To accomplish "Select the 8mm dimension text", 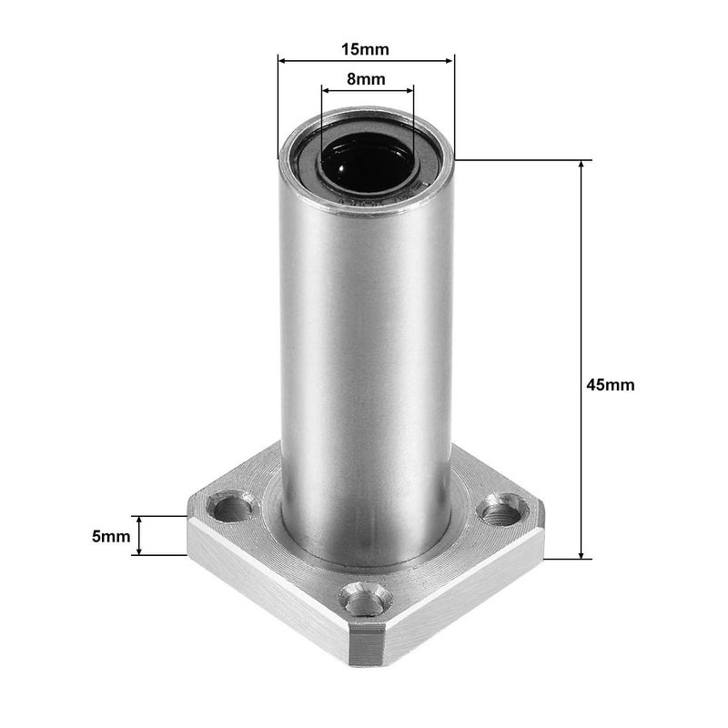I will click(366, 79).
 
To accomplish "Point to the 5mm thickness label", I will click(111, 537).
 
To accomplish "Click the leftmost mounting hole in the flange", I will click(234, 505).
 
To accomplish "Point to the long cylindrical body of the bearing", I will click(366, 364).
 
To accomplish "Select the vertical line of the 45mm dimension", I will click(581, 273).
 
